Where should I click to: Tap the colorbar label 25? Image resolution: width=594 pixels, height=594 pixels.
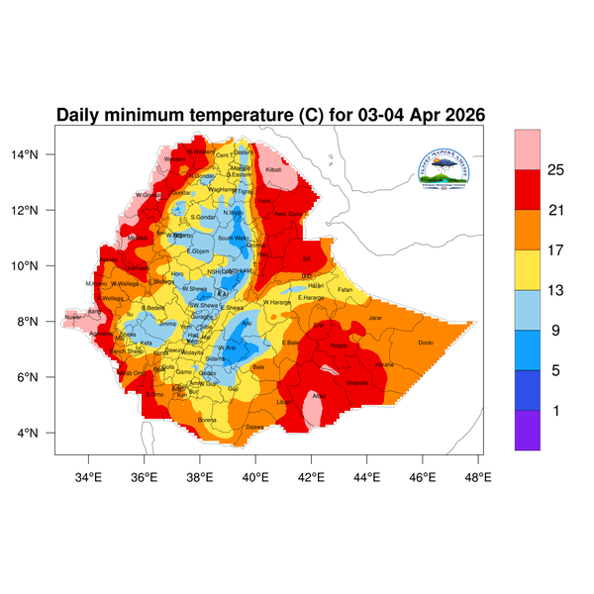[556, 170]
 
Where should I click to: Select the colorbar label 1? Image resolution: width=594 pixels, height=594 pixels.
[555, 410]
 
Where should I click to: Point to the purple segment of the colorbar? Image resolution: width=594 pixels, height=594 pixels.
[528, 430]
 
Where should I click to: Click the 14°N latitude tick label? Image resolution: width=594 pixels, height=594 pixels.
[38, 154]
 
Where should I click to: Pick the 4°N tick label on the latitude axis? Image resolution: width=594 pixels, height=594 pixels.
[41, 433]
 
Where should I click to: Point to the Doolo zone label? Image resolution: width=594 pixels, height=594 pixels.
[426, 343]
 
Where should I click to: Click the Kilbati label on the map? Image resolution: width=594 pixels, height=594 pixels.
[275, 169]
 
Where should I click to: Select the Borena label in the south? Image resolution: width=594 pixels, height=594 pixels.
[208, 420]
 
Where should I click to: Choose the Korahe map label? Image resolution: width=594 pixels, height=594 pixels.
[384, 364]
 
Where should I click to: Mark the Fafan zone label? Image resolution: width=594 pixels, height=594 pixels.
[345, 289]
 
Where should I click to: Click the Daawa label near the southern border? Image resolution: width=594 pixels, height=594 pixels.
[254, 427]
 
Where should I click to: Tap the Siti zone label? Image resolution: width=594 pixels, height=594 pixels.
[292, 260]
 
